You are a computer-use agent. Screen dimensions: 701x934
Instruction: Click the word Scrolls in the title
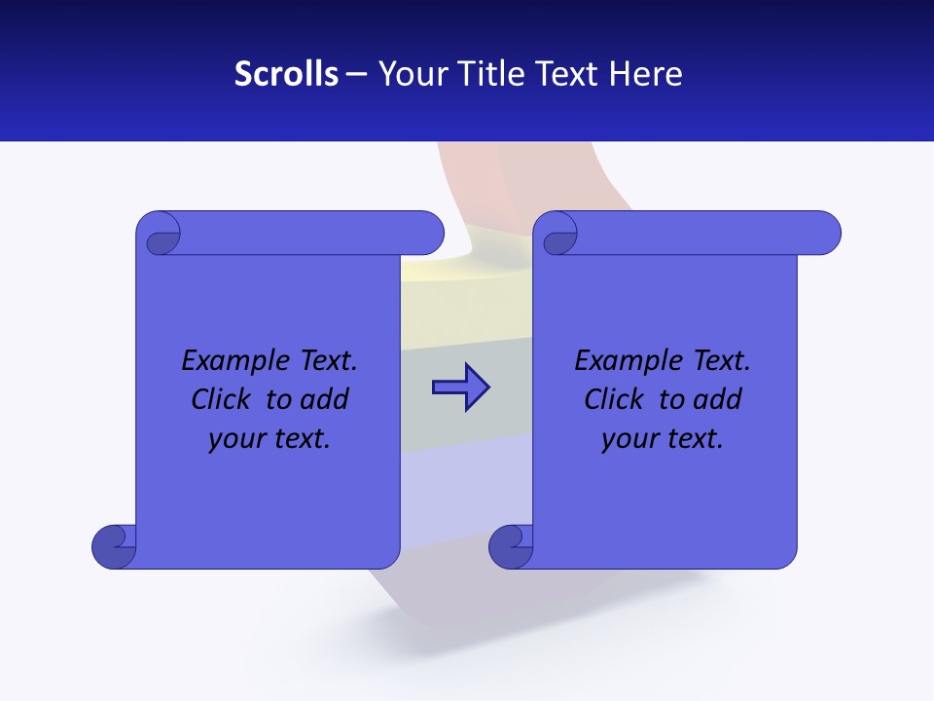point(286,74)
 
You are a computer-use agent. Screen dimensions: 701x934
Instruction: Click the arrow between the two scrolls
point(460,387)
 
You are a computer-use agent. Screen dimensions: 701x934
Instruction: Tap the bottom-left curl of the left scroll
point(115,546)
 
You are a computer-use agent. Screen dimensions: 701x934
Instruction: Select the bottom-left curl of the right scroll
point(511,546)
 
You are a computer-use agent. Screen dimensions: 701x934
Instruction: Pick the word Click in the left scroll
point(221,399)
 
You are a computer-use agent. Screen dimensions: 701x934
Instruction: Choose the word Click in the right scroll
point(614,399)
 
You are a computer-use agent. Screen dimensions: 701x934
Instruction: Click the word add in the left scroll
point(325,399)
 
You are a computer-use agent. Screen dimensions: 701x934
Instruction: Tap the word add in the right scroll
point(718,399)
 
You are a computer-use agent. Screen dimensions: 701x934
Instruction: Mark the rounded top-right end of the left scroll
point(428,233)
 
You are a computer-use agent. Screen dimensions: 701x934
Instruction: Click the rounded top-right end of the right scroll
point(825,233)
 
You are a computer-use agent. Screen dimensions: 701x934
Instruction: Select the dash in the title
point(356,74)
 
